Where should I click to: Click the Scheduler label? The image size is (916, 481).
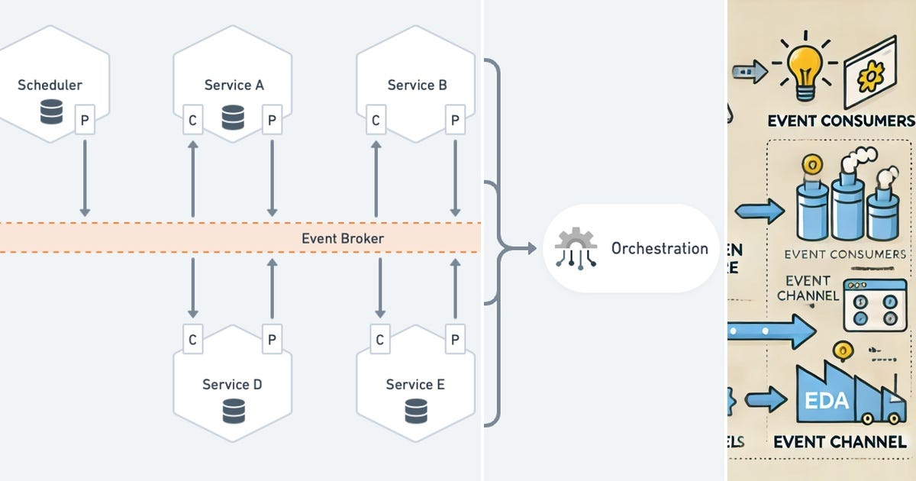point(50,85)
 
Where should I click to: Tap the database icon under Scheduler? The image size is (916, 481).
point(51,115)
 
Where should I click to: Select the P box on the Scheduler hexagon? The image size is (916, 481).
point(85,120)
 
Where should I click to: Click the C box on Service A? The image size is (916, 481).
point(193,120)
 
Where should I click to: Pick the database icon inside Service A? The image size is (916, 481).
point(233,118)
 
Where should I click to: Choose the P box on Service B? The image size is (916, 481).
point(455,120)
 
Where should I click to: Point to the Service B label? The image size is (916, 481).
point(417,85)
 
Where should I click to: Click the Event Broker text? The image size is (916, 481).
point(343,238)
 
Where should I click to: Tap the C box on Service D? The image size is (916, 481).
point(193,340)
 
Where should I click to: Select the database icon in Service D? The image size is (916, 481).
point(233,412)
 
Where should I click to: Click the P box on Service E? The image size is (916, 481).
point(455,340)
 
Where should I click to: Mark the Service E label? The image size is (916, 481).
point(415,384)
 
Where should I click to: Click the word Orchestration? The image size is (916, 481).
point(660,248)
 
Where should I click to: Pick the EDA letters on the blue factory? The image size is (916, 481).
point(827,400)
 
